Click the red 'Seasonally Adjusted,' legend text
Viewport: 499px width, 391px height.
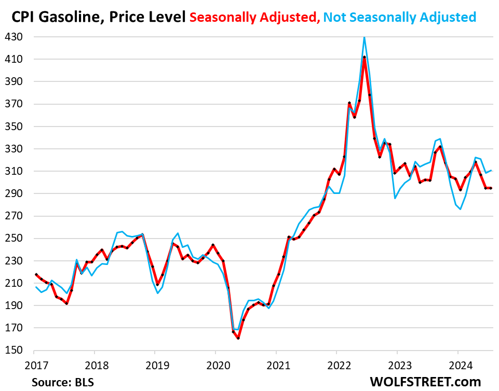click(254, 17)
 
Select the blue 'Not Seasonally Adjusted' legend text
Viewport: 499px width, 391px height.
click(400, 17)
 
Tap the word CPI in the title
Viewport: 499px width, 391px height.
click(23, 17)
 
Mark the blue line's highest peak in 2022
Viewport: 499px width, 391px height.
click(365, 37)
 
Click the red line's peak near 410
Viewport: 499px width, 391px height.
click(365, 57)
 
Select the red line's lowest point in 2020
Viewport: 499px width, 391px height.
click(238, 338)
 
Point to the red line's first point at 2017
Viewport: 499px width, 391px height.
click(35, 274)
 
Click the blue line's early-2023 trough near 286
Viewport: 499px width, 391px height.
click(395, 198)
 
